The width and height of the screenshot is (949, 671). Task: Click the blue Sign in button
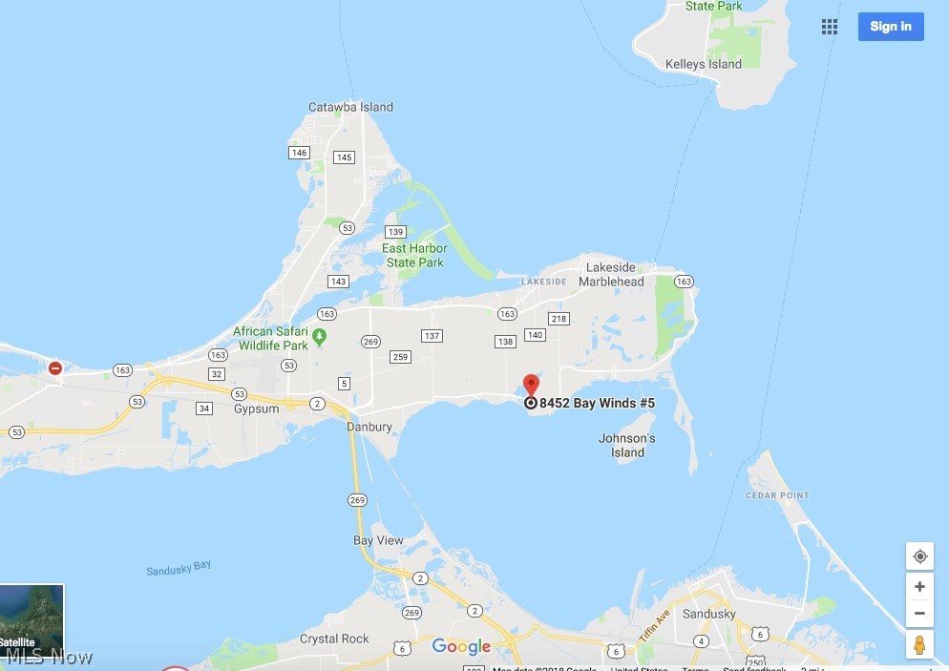tap(890, 27)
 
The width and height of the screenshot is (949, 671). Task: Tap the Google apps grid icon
tap(830, 27)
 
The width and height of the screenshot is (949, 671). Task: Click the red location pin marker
tap(531, 386)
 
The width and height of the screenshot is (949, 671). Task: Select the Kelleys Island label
tap(703, 64)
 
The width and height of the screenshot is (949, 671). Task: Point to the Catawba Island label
tap(350, 107)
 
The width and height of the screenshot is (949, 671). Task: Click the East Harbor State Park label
tap(414, 256)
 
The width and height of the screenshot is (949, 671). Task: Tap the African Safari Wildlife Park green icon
tap(320, 335)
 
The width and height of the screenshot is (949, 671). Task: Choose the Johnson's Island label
tap(627, 446)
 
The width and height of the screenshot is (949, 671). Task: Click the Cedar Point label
tap(776, 495)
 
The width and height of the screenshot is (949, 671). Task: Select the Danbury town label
tap(369, 427)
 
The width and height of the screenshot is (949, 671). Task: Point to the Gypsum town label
tap(255, 408)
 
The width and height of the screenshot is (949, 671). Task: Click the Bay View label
tap(378, 540)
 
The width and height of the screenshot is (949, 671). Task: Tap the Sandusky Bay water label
tap(179, 569)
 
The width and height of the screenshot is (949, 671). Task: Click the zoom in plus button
tap(919, 587)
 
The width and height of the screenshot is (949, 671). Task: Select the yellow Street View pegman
tap(919, 644)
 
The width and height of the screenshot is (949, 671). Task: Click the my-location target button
tap(919, 556)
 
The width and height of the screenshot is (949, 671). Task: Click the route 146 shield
tap(300, 153)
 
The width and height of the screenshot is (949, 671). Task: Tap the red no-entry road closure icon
tap(55, 367)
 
